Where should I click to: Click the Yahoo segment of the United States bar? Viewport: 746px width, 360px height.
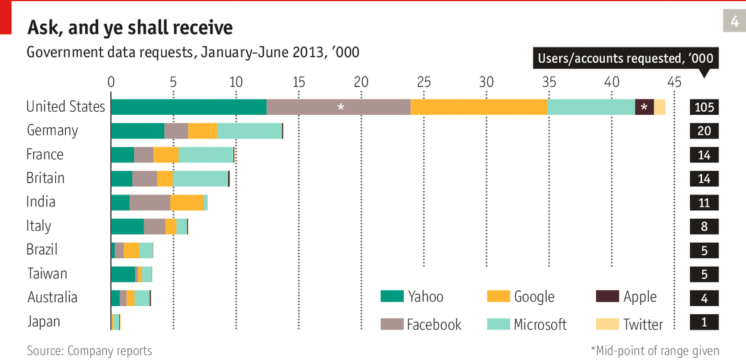click(188, 107)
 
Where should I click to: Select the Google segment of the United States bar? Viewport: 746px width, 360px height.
click(479, 107)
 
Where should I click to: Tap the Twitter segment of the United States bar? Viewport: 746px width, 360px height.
click(659, 107)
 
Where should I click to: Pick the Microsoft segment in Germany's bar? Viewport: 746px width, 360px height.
click(250, 131)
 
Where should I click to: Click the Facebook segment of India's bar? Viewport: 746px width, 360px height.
click(150, 203)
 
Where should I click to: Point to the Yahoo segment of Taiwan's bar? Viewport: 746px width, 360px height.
click(123, 275)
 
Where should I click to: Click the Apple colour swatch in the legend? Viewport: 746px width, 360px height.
click(606, 296)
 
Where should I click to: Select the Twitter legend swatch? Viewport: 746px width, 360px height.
click(606, 324)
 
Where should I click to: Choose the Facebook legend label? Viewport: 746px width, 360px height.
click(434, 324)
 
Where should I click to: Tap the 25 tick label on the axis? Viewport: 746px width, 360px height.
click(424, 82)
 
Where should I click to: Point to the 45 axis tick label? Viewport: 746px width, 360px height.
click(674, 82)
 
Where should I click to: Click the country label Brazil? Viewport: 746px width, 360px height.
click(42, 250)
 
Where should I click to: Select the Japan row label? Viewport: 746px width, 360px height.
click(44, 322)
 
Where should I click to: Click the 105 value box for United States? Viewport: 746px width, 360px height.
click(704, 107)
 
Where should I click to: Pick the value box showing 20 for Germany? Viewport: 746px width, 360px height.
click(704, 131)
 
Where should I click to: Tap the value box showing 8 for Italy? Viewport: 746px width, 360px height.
click(704, 226)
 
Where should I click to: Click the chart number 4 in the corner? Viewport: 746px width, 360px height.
click(734, 21)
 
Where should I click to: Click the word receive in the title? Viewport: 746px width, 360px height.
click(202, 28)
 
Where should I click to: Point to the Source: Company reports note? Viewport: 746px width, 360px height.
click(89, 351)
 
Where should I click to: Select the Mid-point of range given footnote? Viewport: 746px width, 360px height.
click(655, 351)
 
